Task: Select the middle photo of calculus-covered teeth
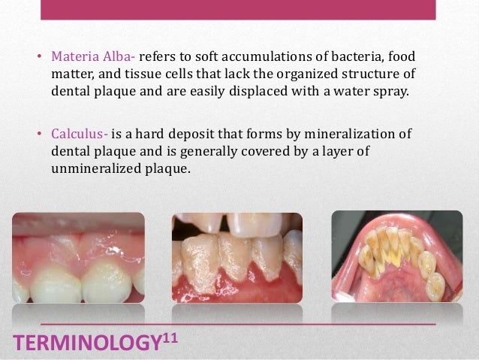point(237,257)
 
